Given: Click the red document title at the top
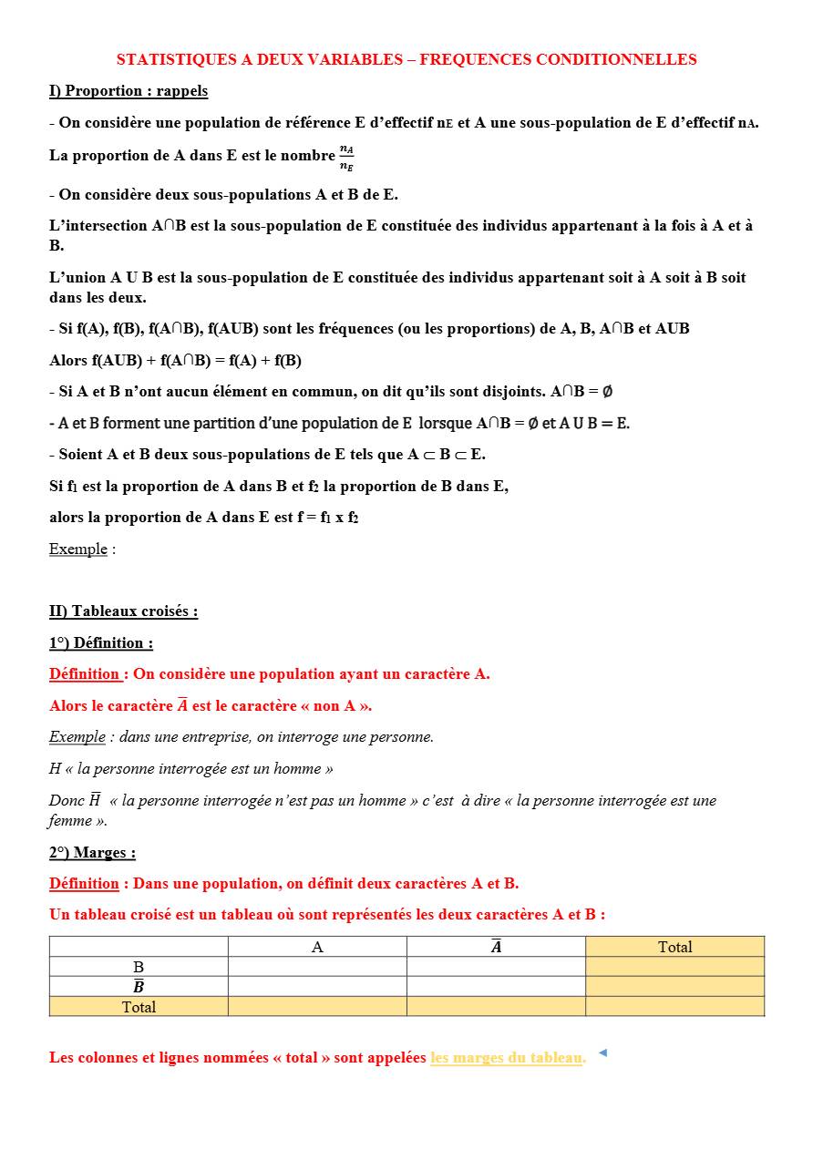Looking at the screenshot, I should (406, 60).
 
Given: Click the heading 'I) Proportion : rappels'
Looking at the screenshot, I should (129, 91).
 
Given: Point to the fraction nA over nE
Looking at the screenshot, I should (346, 157).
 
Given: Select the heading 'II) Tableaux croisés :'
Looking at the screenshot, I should (123, 611).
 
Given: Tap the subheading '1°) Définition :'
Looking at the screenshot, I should (101, 643).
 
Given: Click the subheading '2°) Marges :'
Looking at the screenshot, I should (92, 853).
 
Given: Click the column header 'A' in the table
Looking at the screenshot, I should (317, 947).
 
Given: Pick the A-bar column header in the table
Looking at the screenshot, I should (496, 947).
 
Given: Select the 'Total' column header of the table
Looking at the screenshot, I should (674, 947).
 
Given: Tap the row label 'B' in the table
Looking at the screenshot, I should (139, 967).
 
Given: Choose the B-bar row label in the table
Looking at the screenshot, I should (139, 987).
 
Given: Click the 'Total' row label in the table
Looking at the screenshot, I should (139, 1007).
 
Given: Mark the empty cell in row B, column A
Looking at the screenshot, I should (317, 967).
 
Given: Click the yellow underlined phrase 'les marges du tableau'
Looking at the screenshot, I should (507, 1058).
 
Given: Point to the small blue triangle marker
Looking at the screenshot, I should (602, 1053).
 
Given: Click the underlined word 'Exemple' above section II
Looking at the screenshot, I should (77, 549).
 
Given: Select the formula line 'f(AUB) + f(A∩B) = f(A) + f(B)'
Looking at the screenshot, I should (175, 361).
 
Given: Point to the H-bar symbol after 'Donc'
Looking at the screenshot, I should (94, 801).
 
